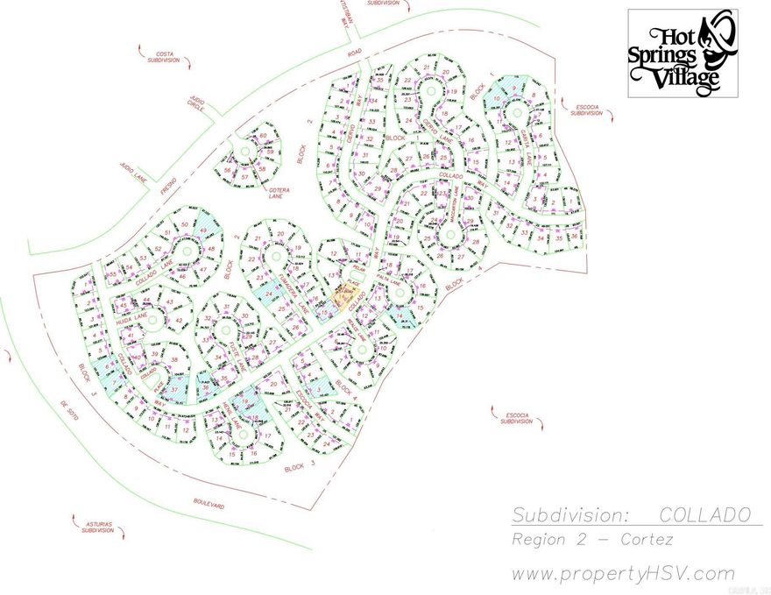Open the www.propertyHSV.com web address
pos(623,574)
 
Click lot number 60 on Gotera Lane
pos(262,138)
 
